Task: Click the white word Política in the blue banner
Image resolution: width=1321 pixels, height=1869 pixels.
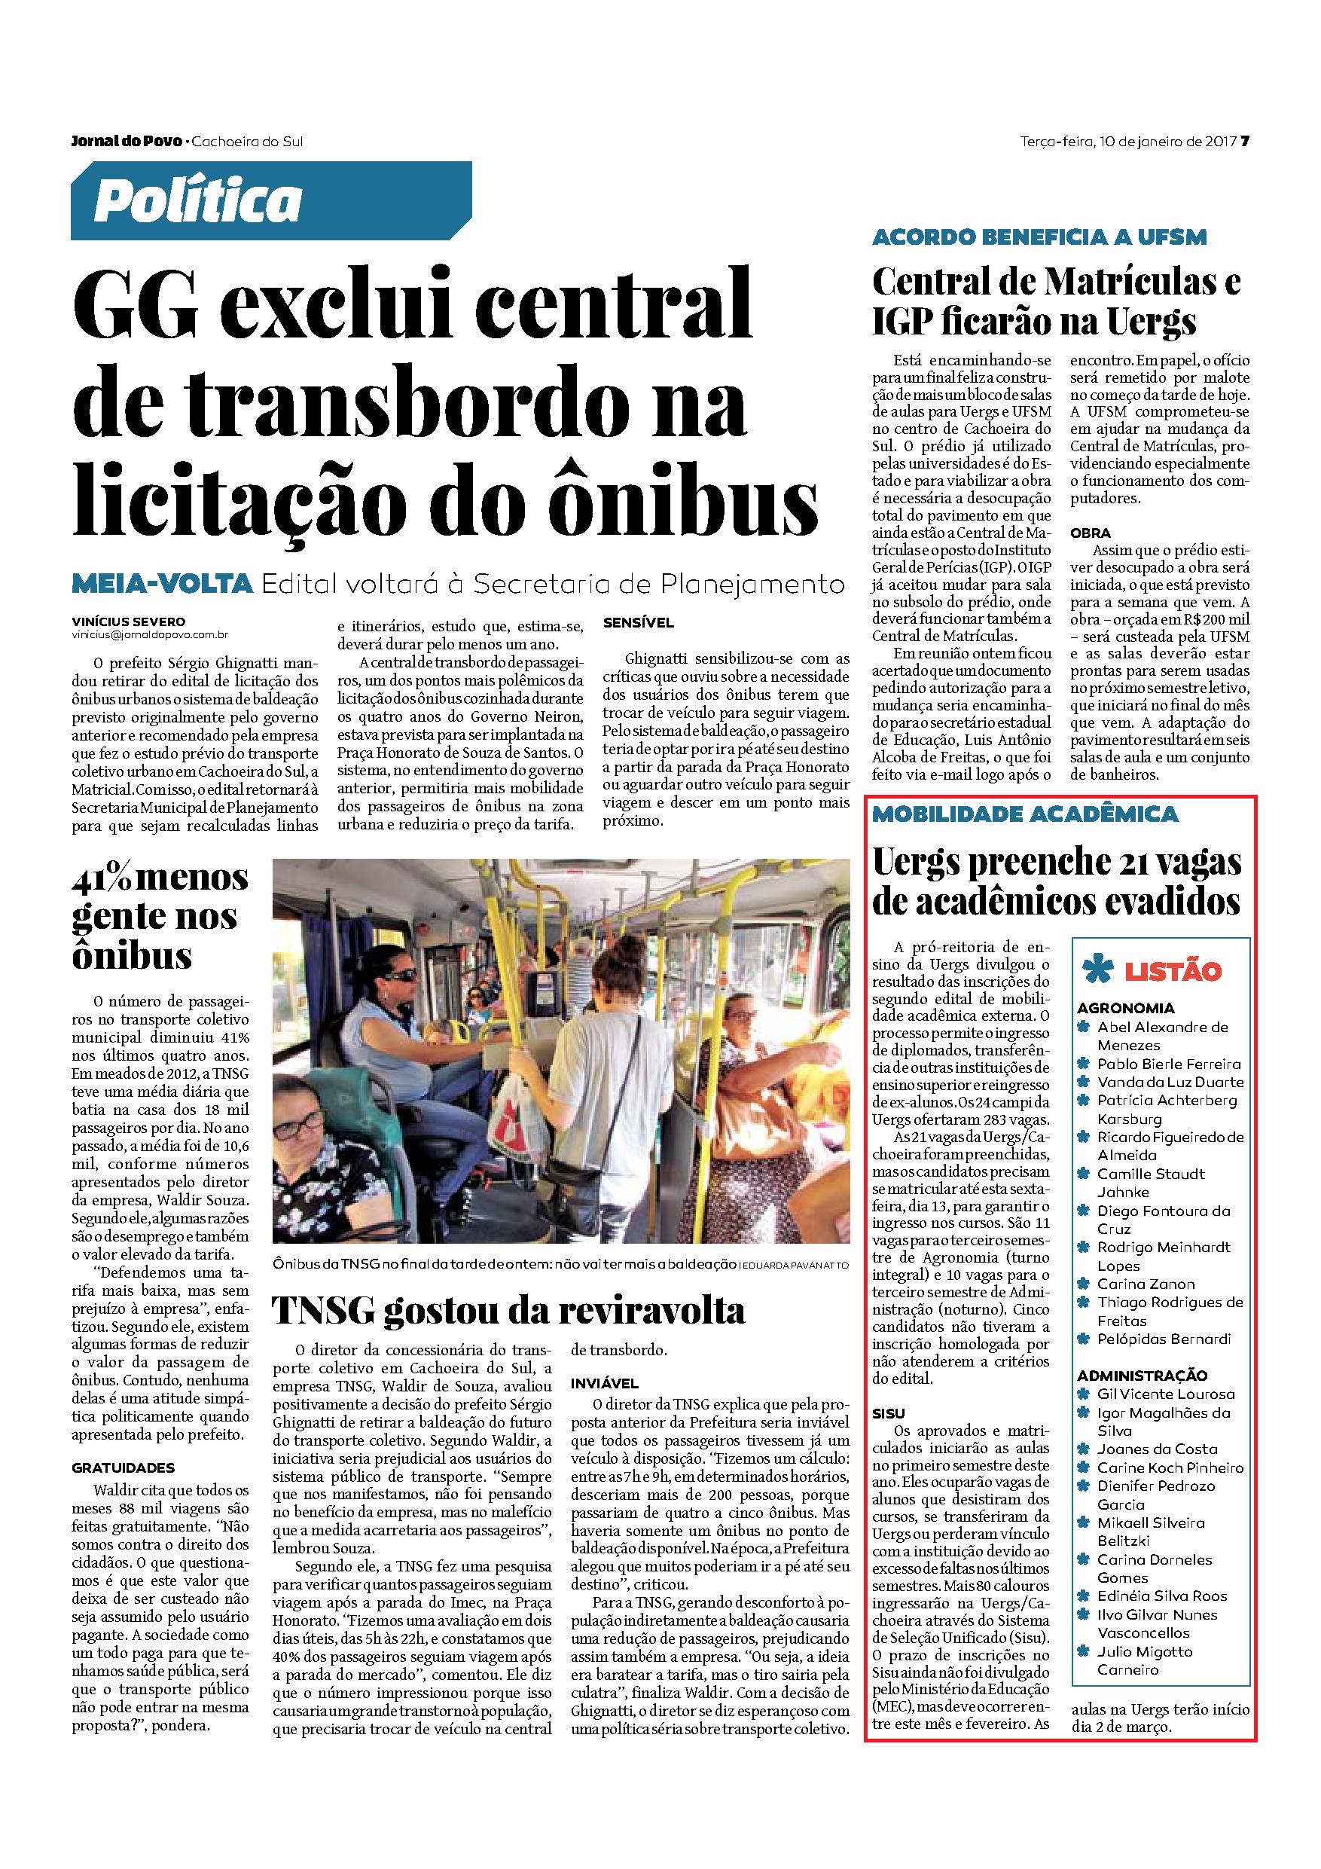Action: pyautogui.click(x=198, y=201)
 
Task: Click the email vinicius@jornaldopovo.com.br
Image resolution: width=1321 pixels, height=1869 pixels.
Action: pyautogui.click(x=148, y=634)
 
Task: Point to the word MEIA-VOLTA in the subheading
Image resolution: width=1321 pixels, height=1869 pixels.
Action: pyautogui.click(x=160, y=584)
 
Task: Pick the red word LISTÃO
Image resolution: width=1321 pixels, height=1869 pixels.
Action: pyautogui.click(x=1173, y=971)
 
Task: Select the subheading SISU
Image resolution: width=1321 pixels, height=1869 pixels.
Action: pyautogui.click(x=888, y=1413)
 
